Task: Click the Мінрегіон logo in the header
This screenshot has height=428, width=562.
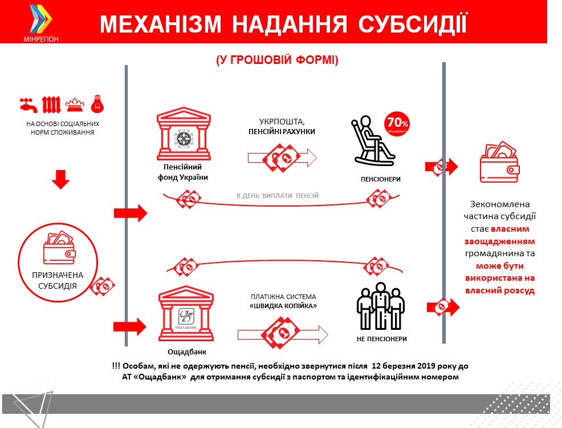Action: click(x=41, y=23)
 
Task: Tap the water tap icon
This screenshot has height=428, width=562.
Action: click(x=27, y=104)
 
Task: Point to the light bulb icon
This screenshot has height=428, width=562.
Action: click(x=99, y=104)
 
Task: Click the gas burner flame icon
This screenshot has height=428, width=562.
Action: click(x=75, y=105)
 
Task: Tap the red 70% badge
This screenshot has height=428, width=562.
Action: click(x=397, y=123)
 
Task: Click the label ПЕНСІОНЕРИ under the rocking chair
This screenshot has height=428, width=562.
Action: click(x=381, y=179)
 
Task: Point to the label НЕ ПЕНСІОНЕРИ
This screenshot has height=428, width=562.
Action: click(x=381, y=339)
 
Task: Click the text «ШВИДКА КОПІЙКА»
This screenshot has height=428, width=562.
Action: click(x=283, y=306)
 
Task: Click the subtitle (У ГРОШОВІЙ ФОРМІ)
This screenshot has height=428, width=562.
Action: click(x=278, y=60)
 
